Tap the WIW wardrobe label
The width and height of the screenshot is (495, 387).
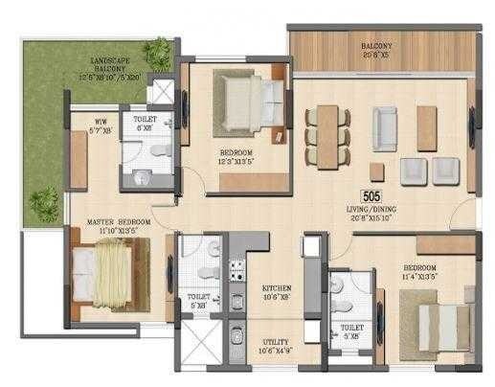click(x=100, y=122)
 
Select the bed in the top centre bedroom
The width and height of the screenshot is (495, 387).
click(x=247, y=99)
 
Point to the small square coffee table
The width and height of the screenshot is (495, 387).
click(x=375, y=171)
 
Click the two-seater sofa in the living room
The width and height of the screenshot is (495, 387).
click(x=387, y=124)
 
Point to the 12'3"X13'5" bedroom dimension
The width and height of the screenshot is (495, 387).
click(x=236, y=160)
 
